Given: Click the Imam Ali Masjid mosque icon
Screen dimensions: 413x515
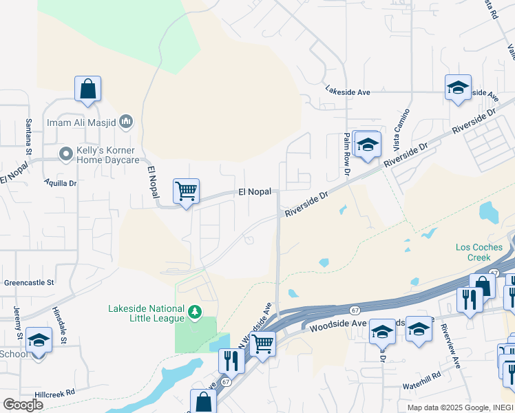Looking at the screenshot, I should [125, 123].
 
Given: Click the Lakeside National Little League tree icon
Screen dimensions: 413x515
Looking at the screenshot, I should [196, 313].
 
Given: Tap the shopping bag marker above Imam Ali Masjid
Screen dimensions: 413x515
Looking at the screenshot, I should [87, 89].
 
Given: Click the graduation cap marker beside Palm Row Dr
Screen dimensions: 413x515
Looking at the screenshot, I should [367, 145].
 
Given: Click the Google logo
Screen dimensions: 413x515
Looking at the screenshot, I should [23, 405].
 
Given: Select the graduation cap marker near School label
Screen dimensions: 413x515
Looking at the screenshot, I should [39, 341].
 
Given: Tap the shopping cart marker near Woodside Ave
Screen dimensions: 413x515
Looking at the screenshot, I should [262, 343].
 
